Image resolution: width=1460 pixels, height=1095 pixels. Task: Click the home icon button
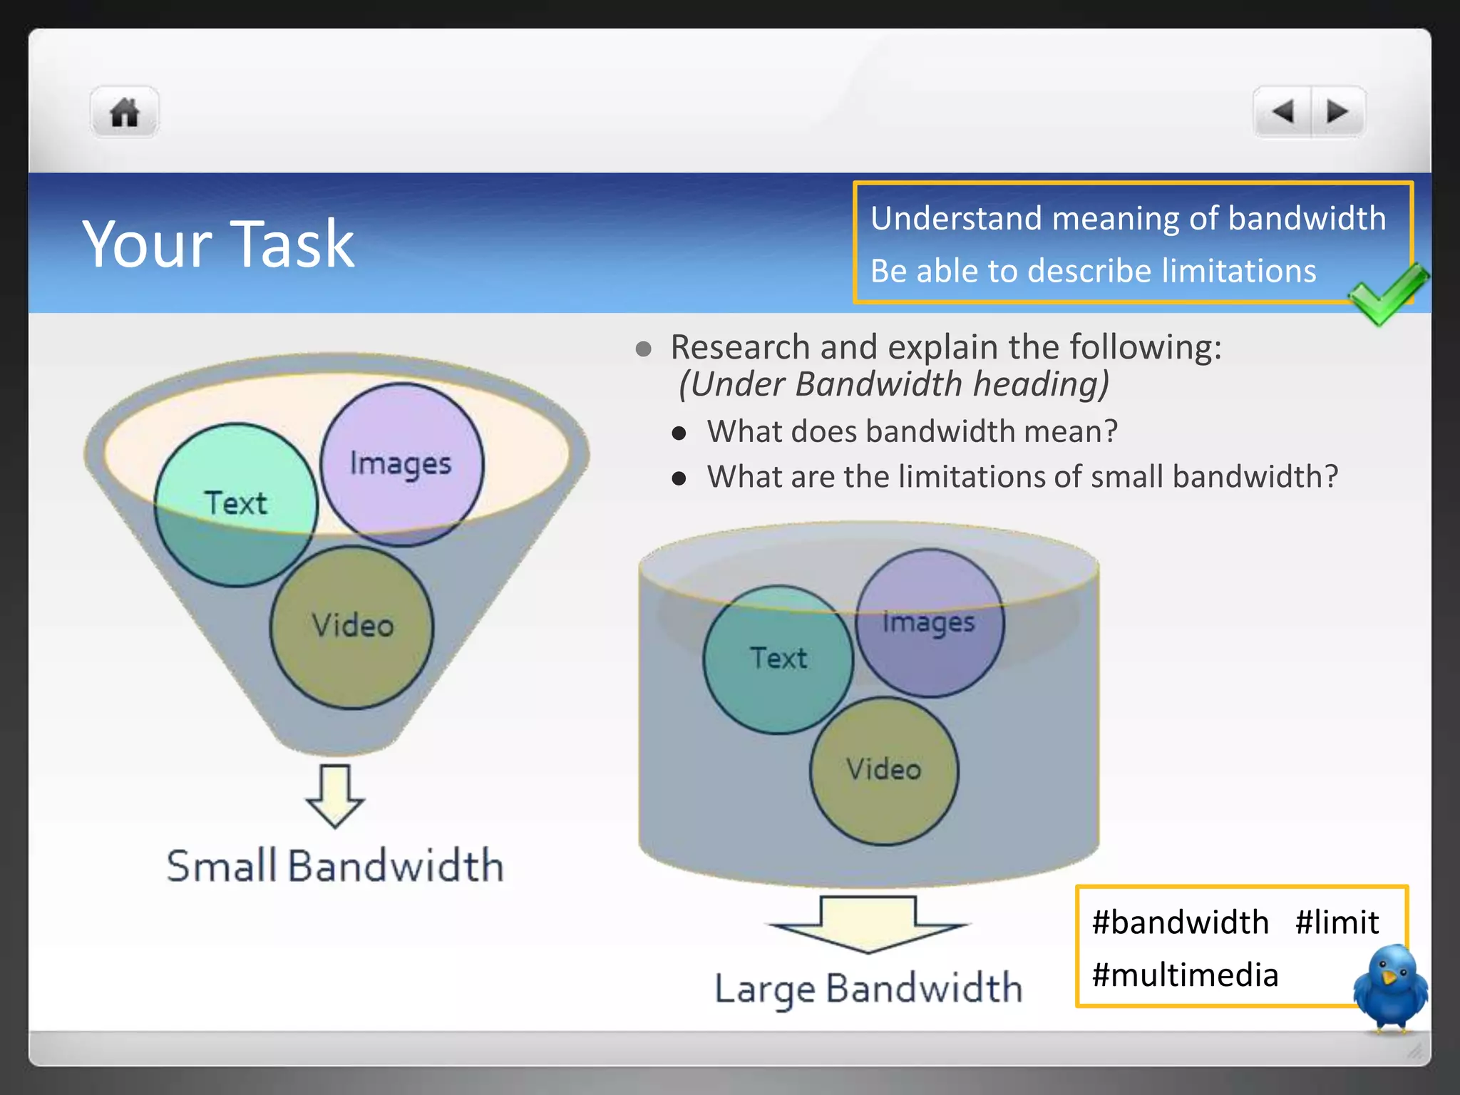[x=125, y=112]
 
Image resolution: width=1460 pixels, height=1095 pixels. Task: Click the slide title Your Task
[x=218, y=244]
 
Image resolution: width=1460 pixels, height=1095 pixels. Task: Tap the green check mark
[x=1387, y=292]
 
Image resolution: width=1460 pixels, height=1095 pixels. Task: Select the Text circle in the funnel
[x=235, y=505]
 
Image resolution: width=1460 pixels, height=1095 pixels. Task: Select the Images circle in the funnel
[x=401, y=464]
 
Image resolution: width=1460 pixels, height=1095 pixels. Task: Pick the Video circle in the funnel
[x=352, y=627]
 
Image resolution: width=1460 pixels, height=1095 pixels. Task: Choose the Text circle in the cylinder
[x=778, y=659]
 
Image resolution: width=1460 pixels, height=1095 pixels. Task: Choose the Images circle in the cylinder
[x=929, y=622]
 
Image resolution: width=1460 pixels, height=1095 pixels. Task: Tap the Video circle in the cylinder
[x=884, y=771]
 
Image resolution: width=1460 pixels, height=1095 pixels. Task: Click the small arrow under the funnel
[x=335, y=796]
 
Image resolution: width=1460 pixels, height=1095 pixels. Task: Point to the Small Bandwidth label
[x=335, y=865]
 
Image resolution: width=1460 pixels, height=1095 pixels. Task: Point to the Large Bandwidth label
[x=868, y=989]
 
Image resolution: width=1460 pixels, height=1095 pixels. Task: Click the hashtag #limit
[x=1337, y=922]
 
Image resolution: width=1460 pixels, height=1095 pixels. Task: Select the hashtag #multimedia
[x=1185, y=975]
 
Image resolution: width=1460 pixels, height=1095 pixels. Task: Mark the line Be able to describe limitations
[x=1093, y=272]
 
